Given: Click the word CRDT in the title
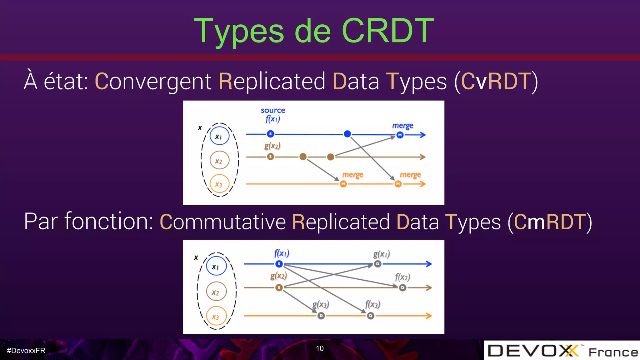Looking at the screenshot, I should pos(387,31).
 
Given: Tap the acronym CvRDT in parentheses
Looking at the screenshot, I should pos(496,81).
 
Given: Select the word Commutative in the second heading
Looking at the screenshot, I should pos(222,222).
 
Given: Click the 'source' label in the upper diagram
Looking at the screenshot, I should pos(273,110).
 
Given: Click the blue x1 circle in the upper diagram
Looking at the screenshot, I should pos(219,136).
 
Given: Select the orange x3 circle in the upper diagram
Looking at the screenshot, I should pos(219,184).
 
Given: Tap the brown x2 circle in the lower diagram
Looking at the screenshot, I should pos(216,292).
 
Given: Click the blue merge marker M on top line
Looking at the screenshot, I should pos(400,135).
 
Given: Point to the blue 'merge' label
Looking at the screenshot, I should pos(402,126).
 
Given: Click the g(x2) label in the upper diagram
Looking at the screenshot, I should pos(272,146).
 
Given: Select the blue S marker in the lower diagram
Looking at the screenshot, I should pos(279,264).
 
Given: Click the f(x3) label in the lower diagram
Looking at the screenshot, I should pos(372,304).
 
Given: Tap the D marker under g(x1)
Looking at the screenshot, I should pos(377,264).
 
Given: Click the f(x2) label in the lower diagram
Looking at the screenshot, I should pos(402,277).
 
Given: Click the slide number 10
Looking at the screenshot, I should pos(320,348).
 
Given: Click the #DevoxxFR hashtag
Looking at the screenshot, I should pos(26,351).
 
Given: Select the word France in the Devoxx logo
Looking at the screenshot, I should pos(613,352).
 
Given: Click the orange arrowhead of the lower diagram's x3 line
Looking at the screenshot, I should pos(429,316).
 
